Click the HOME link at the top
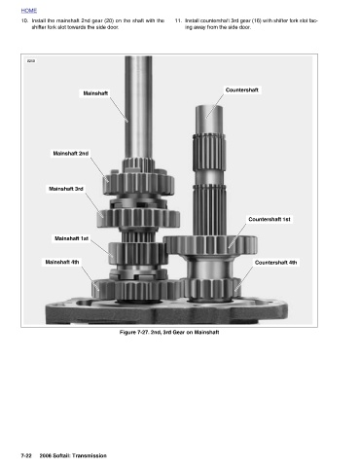click(x=29, y=11)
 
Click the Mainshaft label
click(x=95, y=93)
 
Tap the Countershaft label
click(x=242, y=90)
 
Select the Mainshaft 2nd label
click(x=71, y=153)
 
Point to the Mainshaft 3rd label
click(x=66, y=189)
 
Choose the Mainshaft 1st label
click(x=71, y=238)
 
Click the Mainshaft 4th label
click(x=62, y=262)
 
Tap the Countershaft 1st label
click(x=270, y=219)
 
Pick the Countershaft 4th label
click(x=275, y=263)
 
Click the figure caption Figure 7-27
click(x=169, y=332)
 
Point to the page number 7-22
click(x=26, y=455)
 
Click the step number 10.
click(x=24, y=20)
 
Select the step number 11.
click(x=178, y=20)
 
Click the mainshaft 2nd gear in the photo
click(x=138, y=183)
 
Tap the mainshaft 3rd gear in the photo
click(x=138, y=218)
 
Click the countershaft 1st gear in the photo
click(x=210, y=245)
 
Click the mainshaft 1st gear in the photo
click(x=138, y=254)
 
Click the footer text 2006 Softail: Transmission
click(x=73, y=455)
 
